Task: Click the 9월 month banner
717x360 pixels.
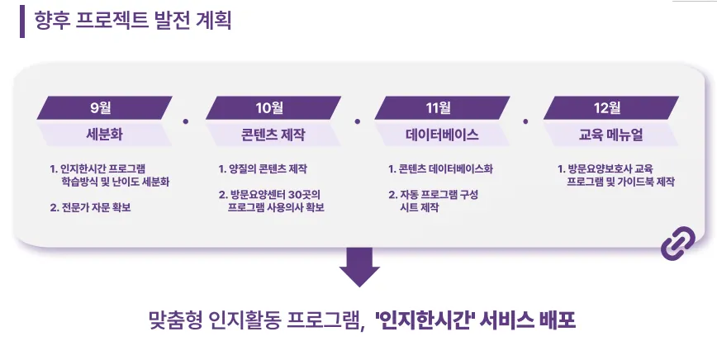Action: [x=104, y=107]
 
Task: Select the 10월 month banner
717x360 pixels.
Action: [x=273, y=107]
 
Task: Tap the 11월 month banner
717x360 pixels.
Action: [x=441, y=107]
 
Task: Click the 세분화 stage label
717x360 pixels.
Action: [x=104, y=134]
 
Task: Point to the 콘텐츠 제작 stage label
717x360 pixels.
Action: [x=273, y=134]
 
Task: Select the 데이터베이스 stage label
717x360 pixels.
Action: [x=441, y=134]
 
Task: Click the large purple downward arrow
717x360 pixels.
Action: [x=359, y=266]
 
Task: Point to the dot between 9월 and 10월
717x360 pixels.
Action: [x=187, y=121]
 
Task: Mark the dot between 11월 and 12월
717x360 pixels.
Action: [x=525, y=121]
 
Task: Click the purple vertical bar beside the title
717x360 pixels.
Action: [x=22, y=21]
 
